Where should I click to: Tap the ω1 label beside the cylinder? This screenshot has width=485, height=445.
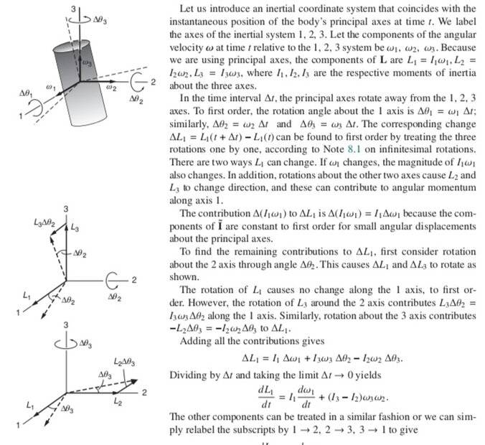50,85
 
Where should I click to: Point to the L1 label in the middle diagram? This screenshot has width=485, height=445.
27,296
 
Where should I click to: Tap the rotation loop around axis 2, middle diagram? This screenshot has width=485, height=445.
115,278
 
